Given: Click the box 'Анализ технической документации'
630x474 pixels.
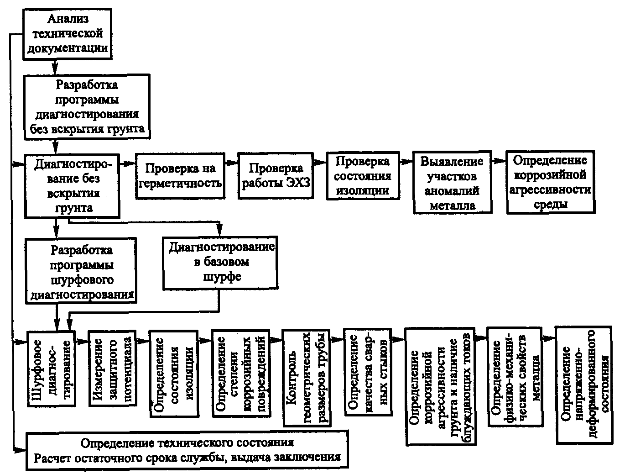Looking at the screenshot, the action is tap(68, 34).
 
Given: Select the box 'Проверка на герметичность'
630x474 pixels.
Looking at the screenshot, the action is tap(180, 176).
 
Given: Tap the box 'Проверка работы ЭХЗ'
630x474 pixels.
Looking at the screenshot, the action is tap(276, 176).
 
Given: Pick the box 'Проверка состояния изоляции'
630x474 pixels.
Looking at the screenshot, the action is tap(363, 175).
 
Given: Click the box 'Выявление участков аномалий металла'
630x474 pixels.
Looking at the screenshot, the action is tap(453, 182).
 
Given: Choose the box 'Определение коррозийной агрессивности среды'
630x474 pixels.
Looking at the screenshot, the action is tap(551, 182).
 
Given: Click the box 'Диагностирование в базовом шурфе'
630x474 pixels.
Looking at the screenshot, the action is tap(220, 263).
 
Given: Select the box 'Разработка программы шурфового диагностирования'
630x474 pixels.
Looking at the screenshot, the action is tap(81, 270).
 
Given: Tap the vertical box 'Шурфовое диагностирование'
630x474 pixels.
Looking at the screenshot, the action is tap(52, 369).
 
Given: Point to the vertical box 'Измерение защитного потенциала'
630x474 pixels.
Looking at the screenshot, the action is tap(113, 368).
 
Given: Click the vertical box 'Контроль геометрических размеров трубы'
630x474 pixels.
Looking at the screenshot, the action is tap(307, 378).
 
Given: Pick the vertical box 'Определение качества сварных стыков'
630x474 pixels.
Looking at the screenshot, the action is tap(368, 372).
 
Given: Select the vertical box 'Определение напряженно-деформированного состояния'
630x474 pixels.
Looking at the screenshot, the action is tap(584, 385).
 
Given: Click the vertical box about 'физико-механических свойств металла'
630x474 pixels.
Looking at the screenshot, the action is tap(515, 377).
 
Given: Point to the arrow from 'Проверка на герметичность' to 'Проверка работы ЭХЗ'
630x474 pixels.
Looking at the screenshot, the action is tap(231, 163).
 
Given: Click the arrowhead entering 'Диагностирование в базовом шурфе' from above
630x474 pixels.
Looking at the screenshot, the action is tap(219, 231).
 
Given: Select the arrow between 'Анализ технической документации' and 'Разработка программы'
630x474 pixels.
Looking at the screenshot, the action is tap(55, 68).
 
